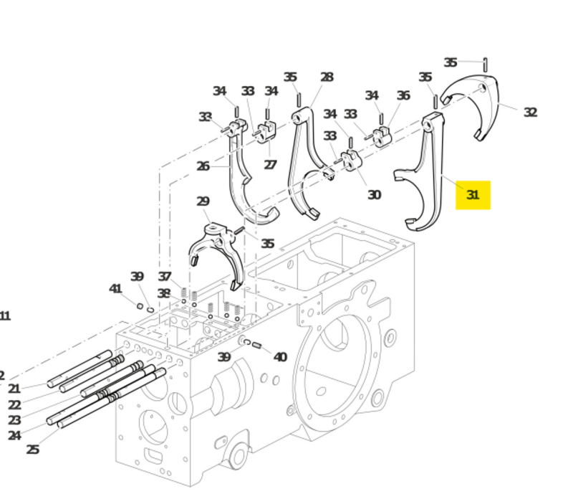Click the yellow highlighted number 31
(473, 194)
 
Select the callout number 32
(530, 113)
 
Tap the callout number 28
(327, 77)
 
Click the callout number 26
(203, 166)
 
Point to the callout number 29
(203, 201)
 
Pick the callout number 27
(270, 165)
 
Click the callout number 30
(374, 194)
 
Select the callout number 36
(403, 95)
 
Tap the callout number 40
(280, 356)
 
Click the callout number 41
(115, 288)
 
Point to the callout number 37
(165, 277)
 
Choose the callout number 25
(33, 450)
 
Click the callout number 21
(14, 389)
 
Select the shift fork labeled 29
(215, 247)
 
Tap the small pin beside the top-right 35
(485, 65)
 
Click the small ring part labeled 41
(140, 306)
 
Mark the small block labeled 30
(350, 161)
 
